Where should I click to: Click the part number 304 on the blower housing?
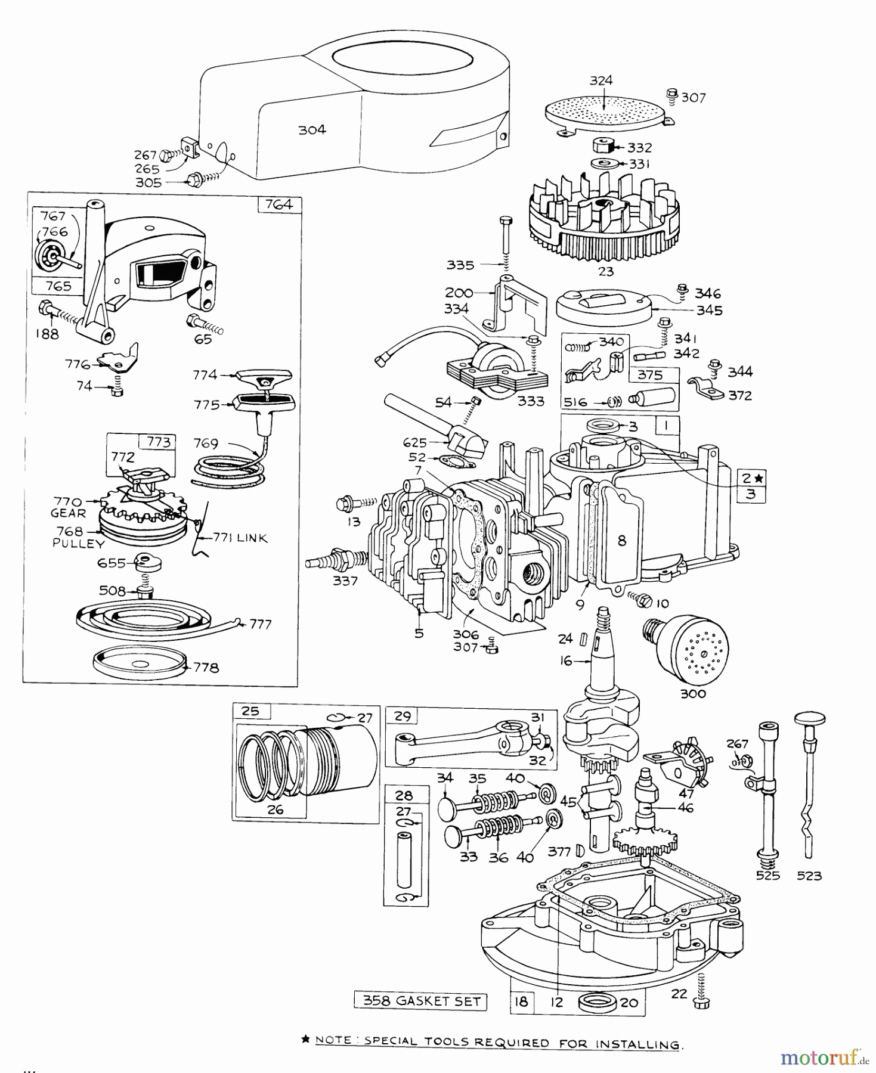(x=312, y=130)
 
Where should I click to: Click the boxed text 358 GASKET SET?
(x=421, y=1001)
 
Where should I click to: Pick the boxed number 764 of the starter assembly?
(x=279, y=204)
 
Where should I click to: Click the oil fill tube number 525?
(x=767, y=876)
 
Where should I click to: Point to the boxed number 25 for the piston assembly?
(x=250, y=711)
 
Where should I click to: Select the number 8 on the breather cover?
(x=622, y=541)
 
